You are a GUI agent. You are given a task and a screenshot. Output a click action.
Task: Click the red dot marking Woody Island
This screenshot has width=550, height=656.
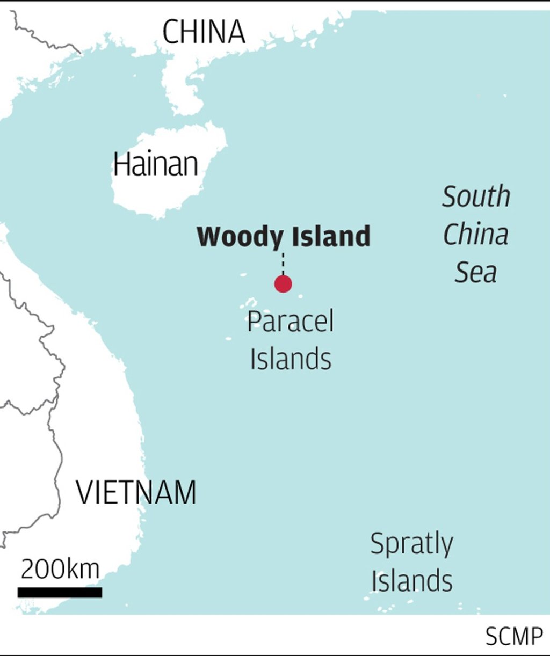point(283,283)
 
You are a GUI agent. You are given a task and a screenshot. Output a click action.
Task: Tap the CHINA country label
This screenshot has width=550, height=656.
point(204,32)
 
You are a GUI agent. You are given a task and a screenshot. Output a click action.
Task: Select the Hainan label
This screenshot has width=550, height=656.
point(156,164)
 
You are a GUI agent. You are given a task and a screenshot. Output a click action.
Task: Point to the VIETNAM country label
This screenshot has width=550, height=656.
point(136,492)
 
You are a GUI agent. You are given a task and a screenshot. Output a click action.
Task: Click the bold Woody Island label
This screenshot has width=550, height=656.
point(284,237)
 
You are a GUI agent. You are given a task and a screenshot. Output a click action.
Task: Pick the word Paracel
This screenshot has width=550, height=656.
point(290,322)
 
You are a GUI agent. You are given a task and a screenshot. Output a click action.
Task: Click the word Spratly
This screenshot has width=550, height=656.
point(411,544)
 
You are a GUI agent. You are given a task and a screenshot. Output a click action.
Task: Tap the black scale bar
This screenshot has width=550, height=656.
point(60,592)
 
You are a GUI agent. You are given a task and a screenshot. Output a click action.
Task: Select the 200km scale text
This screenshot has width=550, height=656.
point(60,569)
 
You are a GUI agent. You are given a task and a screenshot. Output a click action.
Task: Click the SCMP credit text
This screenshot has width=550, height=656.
point(514,637)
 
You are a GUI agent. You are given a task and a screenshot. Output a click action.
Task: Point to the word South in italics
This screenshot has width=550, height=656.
point(476,196)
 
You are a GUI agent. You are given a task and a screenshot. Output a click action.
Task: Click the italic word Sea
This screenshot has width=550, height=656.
point(476,272)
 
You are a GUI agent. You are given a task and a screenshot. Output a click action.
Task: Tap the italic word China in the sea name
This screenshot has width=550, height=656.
point(476,234)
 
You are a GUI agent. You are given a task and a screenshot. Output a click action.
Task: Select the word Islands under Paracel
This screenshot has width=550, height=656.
point(291,359)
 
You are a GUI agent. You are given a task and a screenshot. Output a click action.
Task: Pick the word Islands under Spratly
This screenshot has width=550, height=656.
point(412,581)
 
